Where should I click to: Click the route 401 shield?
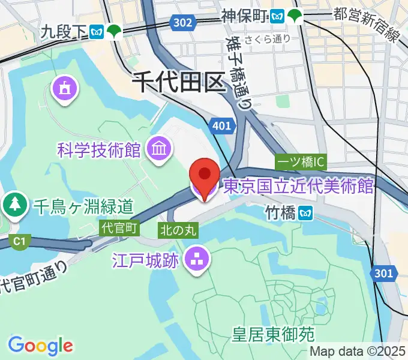(x=221, y=125)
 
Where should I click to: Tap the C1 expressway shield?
(x=19, y=241)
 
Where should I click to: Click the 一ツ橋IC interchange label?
(x=301, y=162)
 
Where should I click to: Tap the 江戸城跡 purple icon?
(x=196, y=260)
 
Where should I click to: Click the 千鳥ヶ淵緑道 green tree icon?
(x=14, y=206)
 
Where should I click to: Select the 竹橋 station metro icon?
(x=307, y=212)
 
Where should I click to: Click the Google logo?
(x=41, y=346)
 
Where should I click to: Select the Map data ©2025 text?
(x=358, y=352)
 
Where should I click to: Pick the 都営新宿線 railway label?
(x=365, y=23)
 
